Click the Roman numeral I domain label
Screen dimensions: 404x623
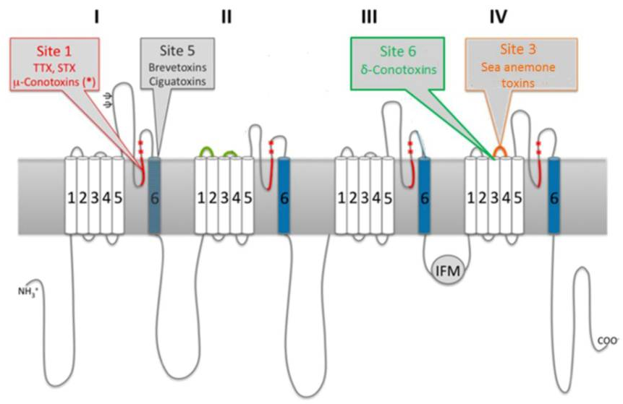click(x=96, y=16)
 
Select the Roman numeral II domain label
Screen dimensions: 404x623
click(x=226, y=16)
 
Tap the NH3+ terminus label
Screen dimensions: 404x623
click(x=29, y=292)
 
